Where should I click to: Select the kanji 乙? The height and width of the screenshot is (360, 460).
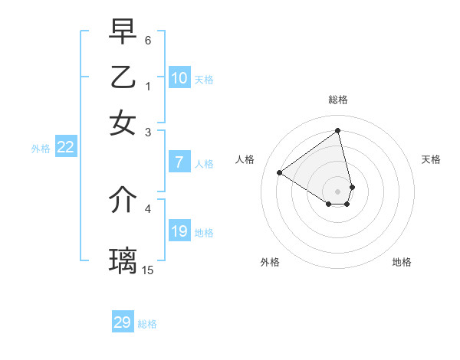click(x=123, y=77)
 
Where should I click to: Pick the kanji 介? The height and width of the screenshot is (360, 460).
click(x=123, y=200)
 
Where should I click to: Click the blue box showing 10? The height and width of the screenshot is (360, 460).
click(x=179, y=78)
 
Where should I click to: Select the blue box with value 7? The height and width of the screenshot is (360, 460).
click(x=179, y=162)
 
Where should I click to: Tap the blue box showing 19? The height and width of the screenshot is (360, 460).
click(x=179, y=231)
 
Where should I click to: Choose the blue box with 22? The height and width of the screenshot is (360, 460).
click(x=65, y=148)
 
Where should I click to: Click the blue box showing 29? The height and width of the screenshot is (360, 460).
click(x=123, y=322)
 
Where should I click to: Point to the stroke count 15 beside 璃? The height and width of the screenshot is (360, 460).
click(x=147, y=270)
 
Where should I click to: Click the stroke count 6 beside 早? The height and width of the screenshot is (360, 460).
click(x=148, y=39)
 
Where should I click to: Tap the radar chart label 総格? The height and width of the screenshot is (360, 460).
click(x=338, y=100)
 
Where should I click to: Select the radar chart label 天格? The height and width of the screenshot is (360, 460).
click(x=431, y=159)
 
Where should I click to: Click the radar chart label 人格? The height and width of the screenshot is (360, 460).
click(x=245, y=159)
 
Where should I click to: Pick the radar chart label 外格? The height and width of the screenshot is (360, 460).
click(x=270, y=262)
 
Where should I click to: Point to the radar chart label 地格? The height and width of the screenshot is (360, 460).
click(x=402, y=262)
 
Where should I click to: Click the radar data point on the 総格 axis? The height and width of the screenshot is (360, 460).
click(x=338, y=131)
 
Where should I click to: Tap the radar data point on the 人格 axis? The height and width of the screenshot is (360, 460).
click(x=280, y=172)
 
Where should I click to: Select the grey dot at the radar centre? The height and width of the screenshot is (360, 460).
click(x=338, y=191)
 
